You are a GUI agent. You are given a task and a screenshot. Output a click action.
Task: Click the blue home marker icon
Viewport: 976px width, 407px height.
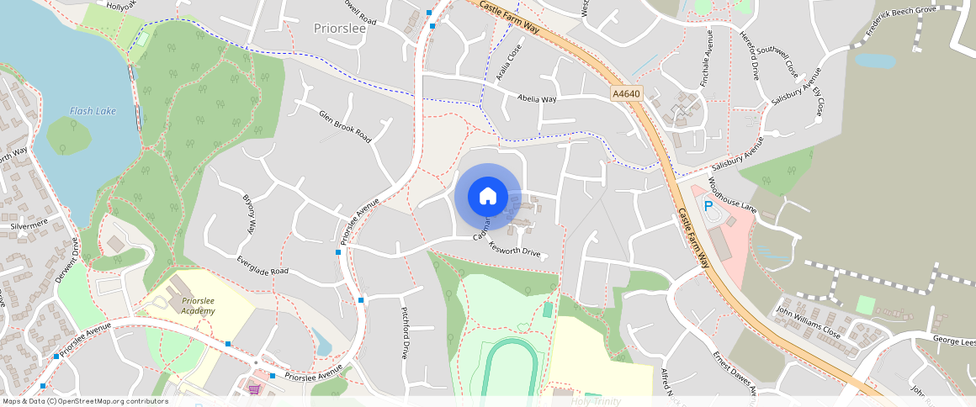487,197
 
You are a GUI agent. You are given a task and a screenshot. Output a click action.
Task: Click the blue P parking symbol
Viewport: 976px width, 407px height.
708,205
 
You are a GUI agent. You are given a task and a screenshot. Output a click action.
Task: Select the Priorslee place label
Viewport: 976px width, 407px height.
339,28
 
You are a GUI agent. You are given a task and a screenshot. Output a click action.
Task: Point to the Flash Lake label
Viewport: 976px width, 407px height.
93,111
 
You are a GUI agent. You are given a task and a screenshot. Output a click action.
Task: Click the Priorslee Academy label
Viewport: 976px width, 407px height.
198,305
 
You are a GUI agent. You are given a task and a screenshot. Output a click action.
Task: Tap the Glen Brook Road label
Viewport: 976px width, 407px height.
345,125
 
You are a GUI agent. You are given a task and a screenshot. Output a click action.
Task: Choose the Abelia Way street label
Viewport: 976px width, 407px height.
537,98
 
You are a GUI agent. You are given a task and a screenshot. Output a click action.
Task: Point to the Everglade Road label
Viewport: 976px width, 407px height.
263,265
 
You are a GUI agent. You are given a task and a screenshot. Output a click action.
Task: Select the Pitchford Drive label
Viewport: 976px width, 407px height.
405,332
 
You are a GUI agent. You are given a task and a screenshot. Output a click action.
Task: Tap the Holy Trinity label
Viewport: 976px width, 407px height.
596,401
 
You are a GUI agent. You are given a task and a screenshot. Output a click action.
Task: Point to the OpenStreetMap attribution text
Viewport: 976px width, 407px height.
85,401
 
